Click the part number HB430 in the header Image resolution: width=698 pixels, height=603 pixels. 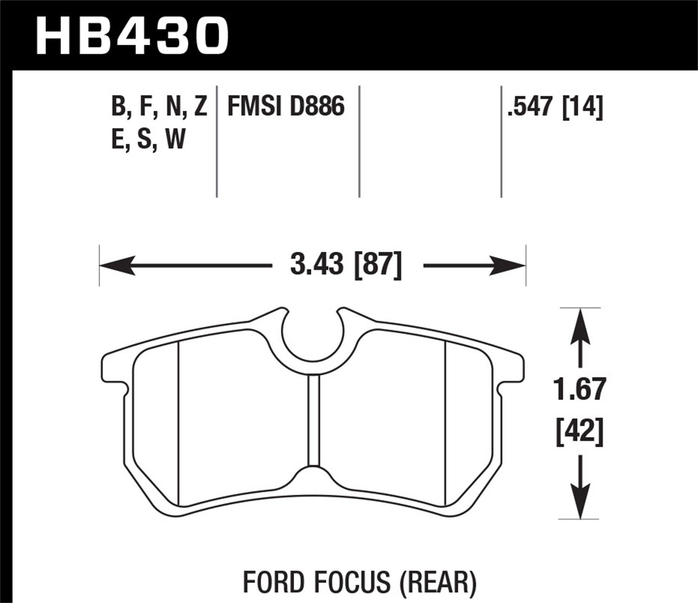pos(133,35)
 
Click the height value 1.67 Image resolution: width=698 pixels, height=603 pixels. pos(580,389)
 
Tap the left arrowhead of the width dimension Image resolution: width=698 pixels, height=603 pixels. pos(114,267)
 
